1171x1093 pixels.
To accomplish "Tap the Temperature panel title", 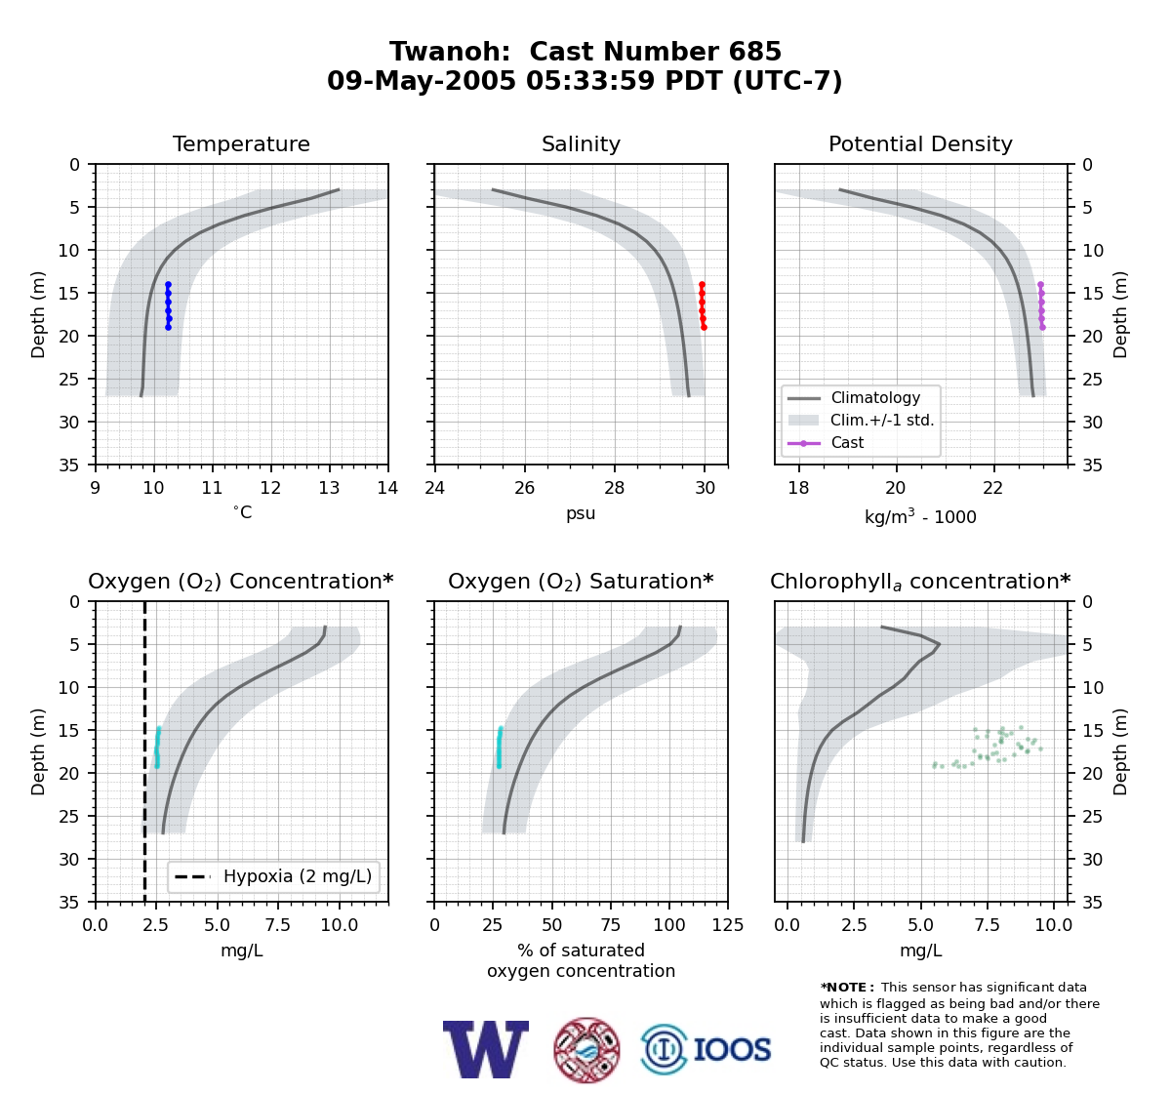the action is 241,143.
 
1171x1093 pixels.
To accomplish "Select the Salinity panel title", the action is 581,143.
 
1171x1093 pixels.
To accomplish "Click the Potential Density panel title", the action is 920,143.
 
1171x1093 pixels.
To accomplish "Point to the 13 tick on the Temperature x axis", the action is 329,488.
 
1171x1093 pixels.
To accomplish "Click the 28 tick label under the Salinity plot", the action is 615,488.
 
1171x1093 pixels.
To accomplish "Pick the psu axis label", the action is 581,513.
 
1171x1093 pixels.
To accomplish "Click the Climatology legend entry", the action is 875,397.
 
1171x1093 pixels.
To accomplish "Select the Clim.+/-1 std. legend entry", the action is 882,420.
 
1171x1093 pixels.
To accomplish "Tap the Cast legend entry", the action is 847,442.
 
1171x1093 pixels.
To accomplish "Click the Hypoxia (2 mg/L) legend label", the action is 298,876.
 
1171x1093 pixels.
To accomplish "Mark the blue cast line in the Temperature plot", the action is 168,305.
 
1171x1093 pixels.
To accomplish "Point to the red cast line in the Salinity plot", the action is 703,305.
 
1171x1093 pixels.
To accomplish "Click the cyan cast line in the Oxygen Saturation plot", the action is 500,748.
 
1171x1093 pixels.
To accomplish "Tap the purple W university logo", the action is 486,1049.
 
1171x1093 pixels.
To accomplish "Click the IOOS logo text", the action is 732,1049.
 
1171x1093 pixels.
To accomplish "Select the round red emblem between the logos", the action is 586,1050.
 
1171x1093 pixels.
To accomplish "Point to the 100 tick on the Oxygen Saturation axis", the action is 669,925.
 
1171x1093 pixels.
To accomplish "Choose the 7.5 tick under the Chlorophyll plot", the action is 987,925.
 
